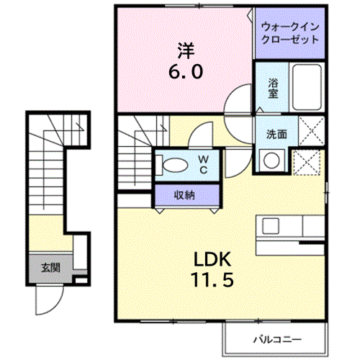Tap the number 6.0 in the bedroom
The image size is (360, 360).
click(x=186, y=72)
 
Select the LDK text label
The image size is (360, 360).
click(x=211, y=259)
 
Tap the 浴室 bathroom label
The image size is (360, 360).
click(x=273, y=87)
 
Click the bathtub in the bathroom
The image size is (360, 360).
click(x=307, y=86)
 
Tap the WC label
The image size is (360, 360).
click(x=204, y=164)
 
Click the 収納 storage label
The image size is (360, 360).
click(x=184, y=194)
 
